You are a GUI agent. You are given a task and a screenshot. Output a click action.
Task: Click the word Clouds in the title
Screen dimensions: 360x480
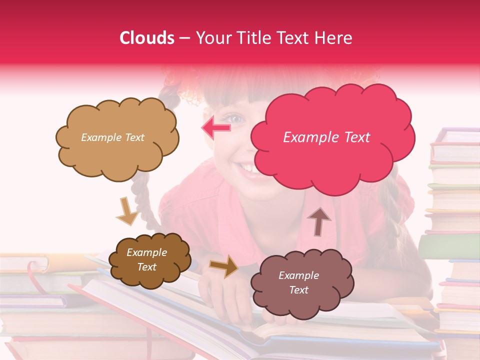146,38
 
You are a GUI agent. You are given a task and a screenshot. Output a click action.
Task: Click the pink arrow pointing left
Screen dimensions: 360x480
216,128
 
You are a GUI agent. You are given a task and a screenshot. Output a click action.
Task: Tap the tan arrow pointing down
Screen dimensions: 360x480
127,211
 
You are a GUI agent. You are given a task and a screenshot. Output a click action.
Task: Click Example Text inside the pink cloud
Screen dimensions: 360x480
326,137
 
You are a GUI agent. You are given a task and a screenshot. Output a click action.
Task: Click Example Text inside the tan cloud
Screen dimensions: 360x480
112,137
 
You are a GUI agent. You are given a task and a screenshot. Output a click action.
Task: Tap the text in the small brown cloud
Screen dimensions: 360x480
146,260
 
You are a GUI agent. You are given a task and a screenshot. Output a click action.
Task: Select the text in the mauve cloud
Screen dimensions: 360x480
298,282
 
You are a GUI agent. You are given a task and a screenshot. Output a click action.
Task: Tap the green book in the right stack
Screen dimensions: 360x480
448,246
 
